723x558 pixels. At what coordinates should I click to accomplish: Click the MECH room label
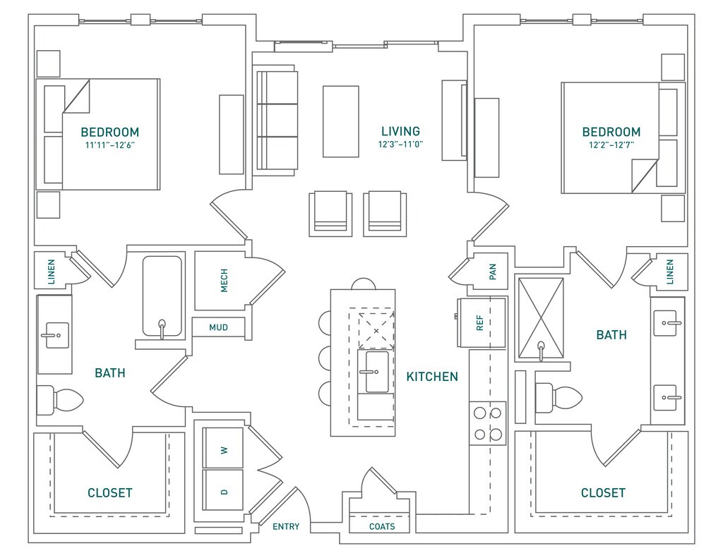(x=224, y=280)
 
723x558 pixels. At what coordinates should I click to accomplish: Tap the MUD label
(x=218, y=327)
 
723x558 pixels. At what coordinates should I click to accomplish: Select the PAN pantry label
(x=492, y=272)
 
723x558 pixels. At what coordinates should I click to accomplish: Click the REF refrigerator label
(x=480, y=322)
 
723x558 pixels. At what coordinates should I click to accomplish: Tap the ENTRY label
(x=286, y=527)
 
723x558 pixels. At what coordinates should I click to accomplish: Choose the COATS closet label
(x=382, y=527)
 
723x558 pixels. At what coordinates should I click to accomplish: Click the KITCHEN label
(x=432, y=377)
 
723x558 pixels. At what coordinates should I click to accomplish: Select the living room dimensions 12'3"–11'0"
(x=401, y=144)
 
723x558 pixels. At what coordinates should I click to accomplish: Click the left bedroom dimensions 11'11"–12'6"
(x=109, y=145)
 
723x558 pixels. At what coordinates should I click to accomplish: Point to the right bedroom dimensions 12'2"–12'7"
(x=611, y=145)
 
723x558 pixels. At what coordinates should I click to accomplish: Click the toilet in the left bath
(x=60, y=400)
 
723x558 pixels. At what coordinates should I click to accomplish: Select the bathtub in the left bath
(x=162, y=296)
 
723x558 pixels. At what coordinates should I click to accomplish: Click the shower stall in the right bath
(x=541, y=318)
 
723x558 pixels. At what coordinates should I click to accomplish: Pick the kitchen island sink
(x=376, y=371)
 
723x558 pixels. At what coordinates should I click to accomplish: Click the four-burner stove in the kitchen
(x=488, y=423)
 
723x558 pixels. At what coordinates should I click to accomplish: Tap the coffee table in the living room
(x=341, y=121)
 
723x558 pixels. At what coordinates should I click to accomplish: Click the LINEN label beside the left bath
(x=51, y=272)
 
